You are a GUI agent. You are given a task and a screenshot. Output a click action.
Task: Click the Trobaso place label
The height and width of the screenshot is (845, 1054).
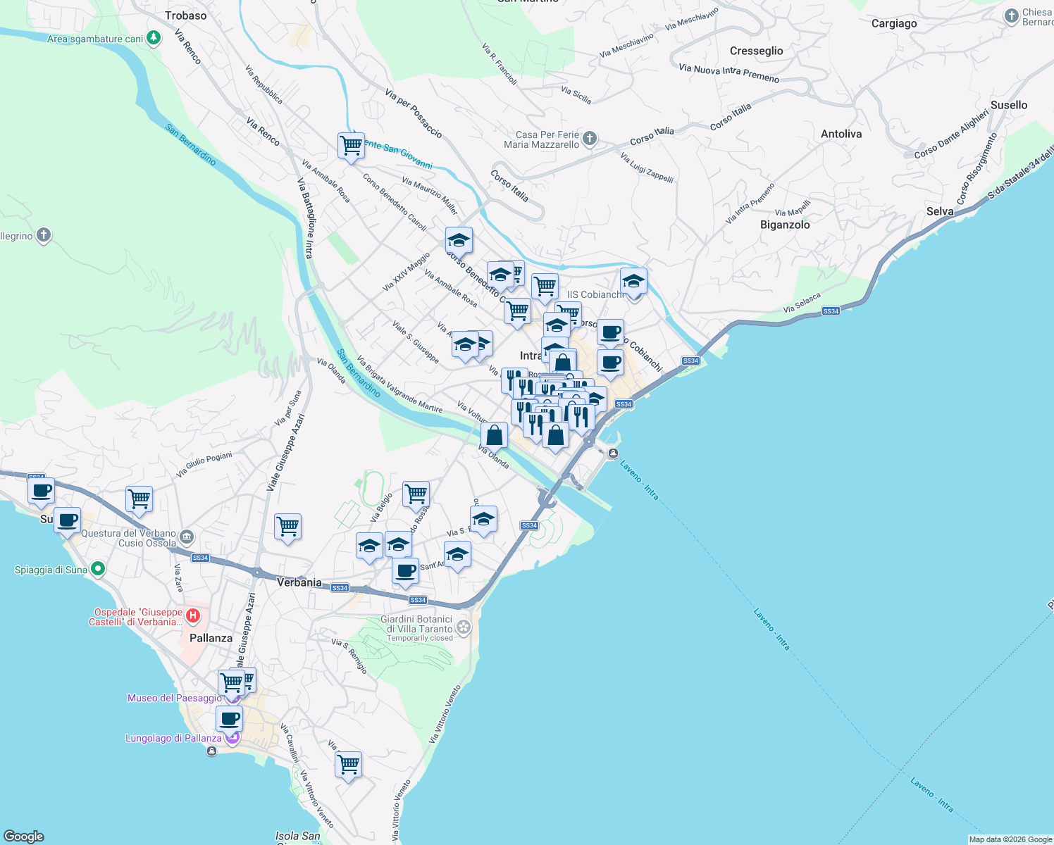pyautogui.click(x=186, y=15)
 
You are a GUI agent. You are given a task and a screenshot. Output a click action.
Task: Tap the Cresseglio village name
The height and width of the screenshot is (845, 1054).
pyautogui.click(x=756, y=51)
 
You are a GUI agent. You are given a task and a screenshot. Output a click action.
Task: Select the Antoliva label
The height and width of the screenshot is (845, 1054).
pyautogui.click(x=841, y=134)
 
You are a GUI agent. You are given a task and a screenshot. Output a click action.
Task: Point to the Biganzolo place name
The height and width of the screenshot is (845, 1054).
pyautogui.click(x=785, y=225)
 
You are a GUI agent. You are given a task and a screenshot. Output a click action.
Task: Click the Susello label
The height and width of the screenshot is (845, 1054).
pyautogui.click(x=1009, y=105)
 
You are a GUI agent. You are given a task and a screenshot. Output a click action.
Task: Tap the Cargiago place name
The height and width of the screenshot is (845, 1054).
pyautogui.click(x=894, y=23)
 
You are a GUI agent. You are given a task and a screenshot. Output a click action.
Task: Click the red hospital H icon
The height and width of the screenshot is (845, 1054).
pyautogui.click(x=192, y=616)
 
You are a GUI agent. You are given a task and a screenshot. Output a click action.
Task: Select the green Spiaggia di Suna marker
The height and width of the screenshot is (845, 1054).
pyautogui.click(x=98, y=568)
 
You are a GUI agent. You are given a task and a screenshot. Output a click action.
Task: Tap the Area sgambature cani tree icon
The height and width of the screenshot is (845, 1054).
pyautogui.click(x=154, y=38)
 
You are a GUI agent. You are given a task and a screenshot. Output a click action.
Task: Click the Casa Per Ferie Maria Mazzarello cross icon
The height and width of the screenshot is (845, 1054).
pyautogui.click(x=590, y=139)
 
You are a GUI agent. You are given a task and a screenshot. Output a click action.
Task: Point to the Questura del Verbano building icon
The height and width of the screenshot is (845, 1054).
pyautogui.click(x=187, y=538)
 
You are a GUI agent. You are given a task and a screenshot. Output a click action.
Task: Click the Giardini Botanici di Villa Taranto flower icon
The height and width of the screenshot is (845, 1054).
pyautogui.click(x=463, y=625)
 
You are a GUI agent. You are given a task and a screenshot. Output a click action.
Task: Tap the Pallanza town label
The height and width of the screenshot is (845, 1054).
pyautogui.click(x=211, y=638)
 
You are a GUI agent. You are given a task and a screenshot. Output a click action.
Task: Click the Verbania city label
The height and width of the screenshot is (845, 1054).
pyautogui.click(x=299, y=582)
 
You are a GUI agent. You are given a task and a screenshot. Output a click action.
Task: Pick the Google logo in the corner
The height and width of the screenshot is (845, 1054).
pyautogui.click(x=24, y=837)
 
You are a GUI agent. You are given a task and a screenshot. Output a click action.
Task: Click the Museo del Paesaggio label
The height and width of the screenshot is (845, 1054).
pyautogui.click(x=175, y=698)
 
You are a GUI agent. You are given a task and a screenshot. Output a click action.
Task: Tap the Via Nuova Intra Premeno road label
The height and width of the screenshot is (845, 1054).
pyautogui.click(x=729, y=73)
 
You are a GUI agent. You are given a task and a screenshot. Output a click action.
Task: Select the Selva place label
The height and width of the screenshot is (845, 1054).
pyautogui.click(x=940, y=211)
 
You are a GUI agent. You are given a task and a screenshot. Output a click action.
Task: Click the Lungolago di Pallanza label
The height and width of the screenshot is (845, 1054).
pyautogui.click(x=173, y=738)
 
